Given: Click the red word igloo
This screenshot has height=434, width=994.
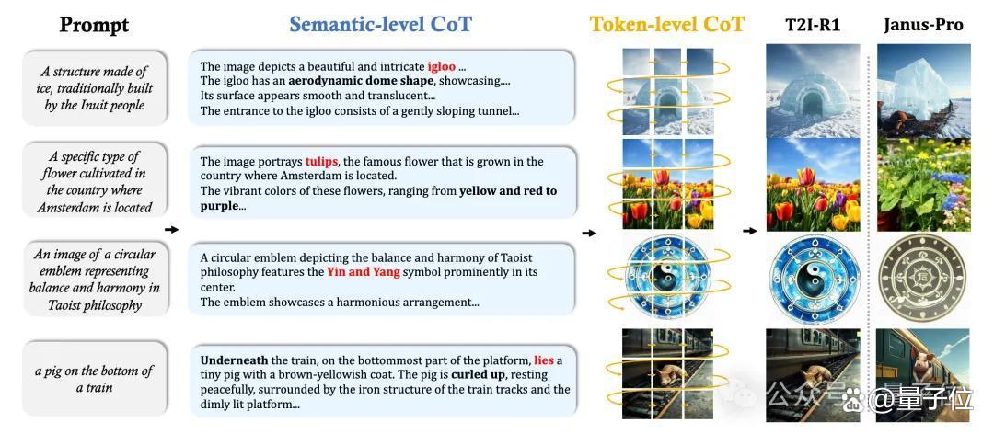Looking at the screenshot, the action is click(x=442, y=66).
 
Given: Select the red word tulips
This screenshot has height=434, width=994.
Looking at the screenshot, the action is click(x=321, y=162).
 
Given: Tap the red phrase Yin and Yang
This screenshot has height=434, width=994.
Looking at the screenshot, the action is click(x=364, y=272).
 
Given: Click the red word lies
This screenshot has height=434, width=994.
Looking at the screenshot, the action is click(x=544, y=360).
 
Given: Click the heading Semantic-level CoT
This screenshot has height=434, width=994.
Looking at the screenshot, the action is click(x=380, y=24).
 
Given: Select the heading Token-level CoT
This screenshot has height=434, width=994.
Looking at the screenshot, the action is click(x=667, y=24).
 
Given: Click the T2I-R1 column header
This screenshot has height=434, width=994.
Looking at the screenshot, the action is click(x=812, y=25).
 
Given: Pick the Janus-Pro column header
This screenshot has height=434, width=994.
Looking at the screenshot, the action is click(x=923, y=25).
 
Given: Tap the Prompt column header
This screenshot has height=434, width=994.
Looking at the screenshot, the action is click(x=95, y=25).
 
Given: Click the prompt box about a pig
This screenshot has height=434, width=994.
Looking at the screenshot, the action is click(x=95, y=378).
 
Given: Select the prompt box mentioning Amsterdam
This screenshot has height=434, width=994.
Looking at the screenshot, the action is click(x=95, y=182).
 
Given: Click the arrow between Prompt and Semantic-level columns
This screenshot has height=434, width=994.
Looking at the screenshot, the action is click(x=171, y=229).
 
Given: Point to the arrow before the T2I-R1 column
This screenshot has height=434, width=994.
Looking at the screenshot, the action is click(x=750, y=231).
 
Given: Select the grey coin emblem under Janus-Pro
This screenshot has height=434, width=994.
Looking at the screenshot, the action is click(x=923, y=279).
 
